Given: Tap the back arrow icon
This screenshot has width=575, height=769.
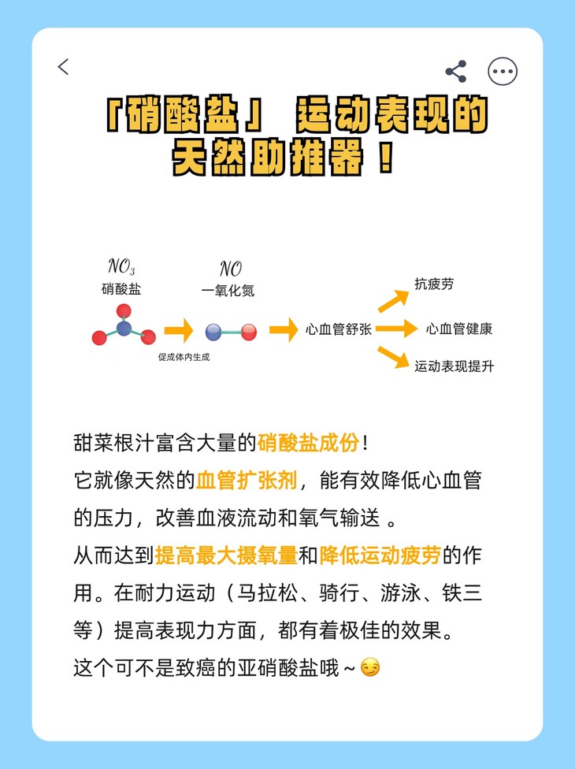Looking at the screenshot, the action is click(x=64, y=67).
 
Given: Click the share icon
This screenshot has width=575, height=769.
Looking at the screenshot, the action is click(x=456, y=71).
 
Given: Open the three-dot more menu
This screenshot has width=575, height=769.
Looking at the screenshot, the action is click(x=503, y=71).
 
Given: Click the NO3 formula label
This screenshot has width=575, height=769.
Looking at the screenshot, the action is click(x=121, y=268).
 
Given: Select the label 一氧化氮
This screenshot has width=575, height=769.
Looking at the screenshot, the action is click(x=228, y=290).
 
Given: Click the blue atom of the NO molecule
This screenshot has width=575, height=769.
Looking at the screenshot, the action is click(x=213, y=332).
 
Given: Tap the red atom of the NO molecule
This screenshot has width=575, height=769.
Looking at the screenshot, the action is click(x=249, y=332).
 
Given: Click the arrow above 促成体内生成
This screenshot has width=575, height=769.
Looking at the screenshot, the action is click(x=178, y=330).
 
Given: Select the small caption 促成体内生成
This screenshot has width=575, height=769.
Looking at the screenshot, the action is click(x=184, y=357).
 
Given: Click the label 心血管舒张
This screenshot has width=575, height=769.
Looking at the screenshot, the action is click(x=339, y=329).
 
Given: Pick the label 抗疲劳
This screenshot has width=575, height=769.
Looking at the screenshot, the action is click(x=434, y=284).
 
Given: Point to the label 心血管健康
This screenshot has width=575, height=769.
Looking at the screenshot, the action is click(x=459, y=329).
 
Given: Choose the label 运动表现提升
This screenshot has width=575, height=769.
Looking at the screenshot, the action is click(x=454, y=366).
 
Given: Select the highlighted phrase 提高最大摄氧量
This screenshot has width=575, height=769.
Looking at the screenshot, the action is click(x=226, y=555).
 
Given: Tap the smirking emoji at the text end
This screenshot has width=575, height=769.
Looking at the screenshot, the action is click(x=369, y=668).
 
